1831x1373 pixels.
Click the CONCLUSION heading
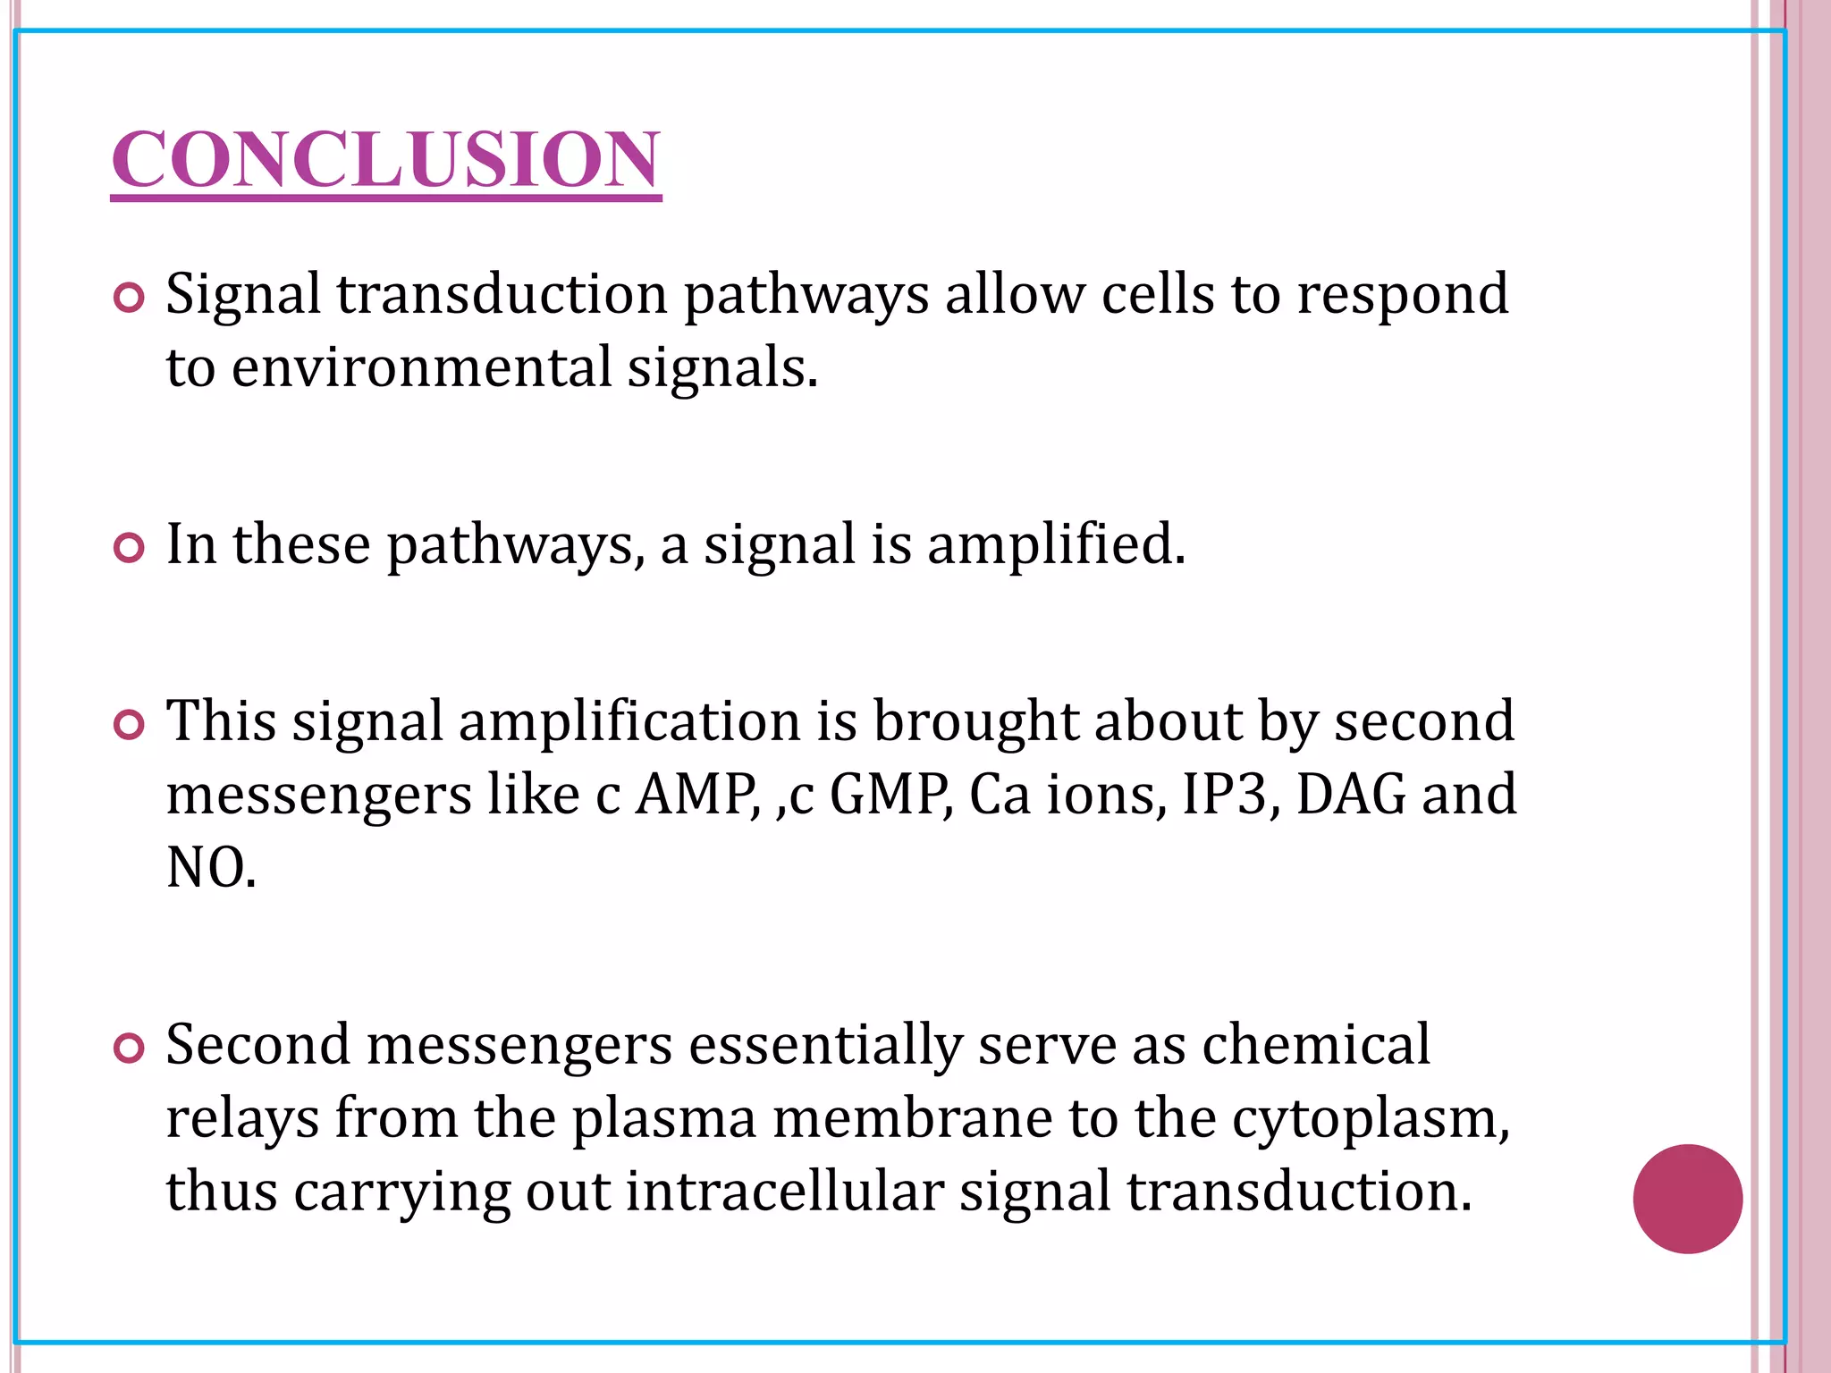[385, 159]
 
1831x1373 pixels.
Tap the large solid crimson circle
[1687, 1199]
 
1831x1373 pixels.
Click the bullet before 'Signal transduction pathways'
[130, 298]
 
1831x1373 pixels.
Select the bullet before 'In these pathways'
[130, 547]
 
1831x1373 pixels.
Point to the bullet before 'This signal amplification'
[130, 725]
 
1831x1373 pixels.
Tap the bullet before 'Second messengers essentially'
[130, 1048]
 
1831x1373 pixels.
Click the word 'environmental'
[421, 367]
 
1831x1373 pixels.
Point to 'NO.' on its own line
[211, 867]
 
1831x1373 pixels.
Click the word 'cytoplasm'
[1369, 1118]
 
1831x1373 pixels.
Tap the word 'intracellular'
[784, 1192]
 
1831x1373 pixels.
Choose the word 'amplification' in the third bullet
[629, 721]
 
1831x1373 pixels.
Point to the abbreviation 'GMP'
[890, 794]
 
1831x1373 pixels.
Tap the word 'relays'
[242, 1118]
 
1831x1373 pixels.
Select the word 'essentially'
[824, 1046]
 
